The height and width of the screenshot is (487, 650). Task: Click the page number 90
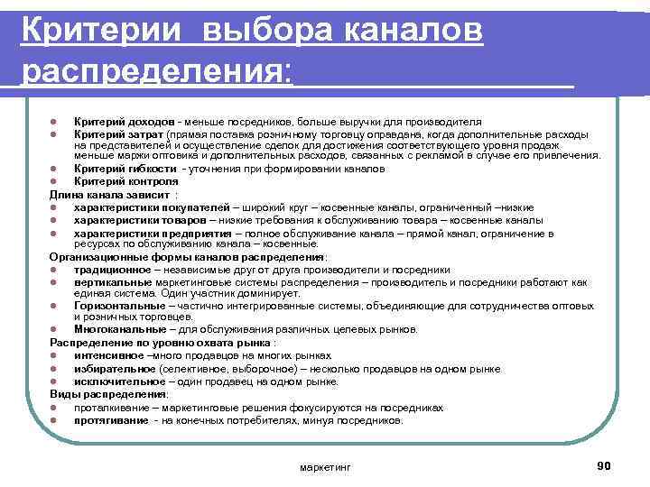[604, 464]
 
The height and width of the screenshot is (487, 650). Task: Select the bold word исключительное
[114, 381]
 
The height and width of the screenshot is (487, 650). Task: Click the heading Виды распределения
[108, 394]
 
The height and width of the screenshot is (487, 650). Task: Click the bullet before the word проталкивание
[55, 408]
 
